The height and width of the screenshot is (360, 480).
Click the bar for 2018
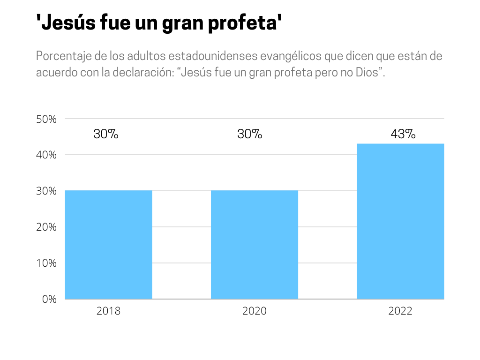click(108, 244)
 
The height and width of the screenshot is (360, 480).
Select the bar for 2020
click(255, 244)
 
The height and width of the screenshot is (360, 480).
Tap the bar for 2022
click(400, 221)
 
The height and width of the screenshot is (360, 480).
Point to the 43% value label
click(403, 134)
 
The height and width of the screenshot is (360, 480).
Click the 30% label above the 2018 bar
click(106, 134)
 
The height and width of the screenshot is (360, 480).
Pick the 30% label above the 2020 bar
click(250, 134)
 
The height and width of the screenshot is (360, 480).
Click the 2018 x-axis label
click(108, 311)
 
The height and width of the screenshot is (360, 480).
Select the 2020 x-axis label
click(255, 311)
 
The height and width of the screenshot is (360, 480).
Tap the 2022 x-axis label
click(400, 311)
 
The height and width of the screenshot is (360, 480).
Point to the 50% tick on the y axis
click(46, 119)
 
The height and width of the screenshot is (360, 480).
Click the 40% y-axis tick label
click(46, 155)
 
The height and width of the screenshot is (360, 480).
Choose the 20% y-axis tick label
click(46, 227)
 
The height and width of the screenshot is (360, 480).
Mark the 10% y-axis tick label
click(46, 263)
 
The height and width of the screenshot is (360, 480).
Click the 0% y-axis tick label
click(49, 299)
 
